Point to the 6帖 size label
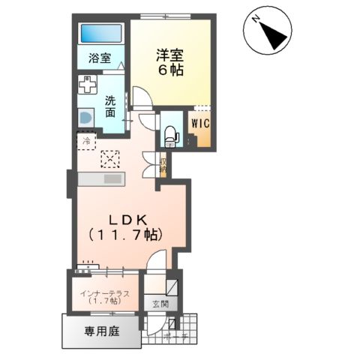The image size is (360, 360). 170,70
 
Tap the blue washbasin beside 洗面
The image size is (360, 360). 84,117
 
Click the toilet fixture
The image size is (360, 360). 169,134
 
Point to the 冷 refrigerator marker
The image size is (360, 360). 86,140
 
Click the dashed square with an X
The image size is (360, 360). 109,159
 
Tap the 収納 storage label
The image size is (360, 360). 163,163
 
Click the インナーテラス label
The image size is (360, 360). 105,292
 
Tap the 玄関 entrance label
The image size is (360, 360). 160,304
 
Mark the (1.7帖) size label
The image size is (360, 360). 105,301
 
